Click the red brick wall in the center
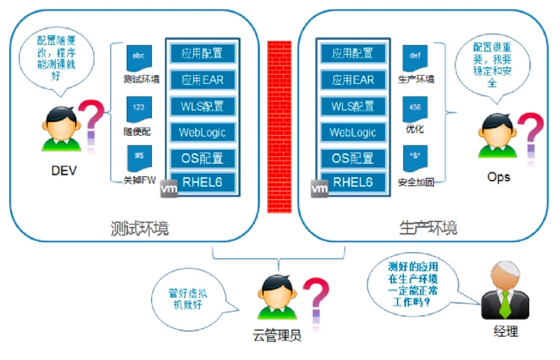pyautogui.click(x=279, y=126)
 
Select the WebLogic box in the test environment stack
pyautogui.click(x=202, y=132)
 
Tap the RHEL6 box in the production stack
pyautogui.click(x=353, y=184)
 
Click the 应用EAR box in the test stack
pyautogui.click(x=202, y=79)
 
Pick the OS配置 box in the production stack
pyautogui.click(x=353, y=158)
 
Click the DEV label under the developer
pyautogui.click(x=63, y=170)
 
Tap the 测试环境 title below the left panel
pyautogui.click(x=139, y=229)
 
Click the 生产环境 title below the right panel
pyautogui.click(x=428, y=229)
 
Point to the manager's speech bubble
pyautogui.click(x=414, y=287)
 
